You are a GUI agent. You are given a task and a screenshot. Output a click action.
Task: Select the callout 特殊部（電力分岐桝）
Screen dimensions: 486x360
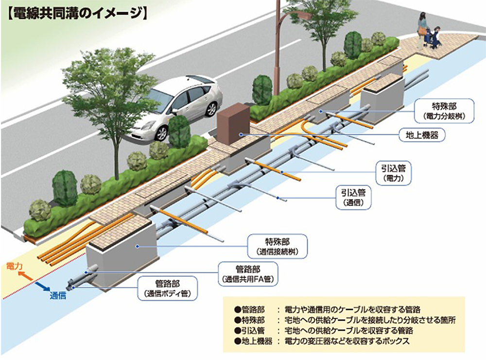(444, 111)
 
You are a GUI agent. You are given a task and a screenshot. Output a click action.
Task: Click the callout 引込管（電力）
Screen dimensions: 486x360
(394, 173)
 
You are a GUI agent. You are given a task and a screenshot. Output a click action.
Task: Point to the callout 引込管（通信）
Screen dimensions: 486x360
(353, 198)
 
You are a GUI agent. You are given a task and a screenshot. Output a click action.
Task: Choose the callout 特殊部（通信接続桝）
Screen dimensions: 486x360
(278, 246)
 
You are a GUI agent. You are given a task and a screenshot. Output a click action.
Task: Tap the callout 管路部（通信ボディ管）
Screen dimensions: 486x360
(167, 288)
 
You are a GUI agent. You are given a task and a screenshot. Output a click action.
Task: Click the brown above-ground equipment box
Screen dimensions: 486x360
(233, 124)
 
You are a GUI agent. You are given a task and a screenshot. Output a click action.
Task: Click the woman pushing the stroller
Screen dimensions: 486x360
(422, 31)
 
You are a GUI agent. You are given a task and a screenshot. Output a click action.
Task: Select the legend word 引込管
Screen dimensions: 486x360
(253, 330)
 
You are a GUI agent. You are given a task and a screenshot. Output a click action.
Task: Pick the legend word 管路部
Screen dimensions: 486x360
(253, 309)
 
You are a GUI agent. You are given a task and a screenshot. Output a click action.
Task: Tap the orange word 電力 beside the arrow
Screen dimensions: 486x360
(14, 266)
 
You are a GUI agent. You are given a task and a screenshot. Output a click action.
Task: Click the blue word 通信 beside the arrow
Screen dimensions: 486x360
(58, 295)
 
